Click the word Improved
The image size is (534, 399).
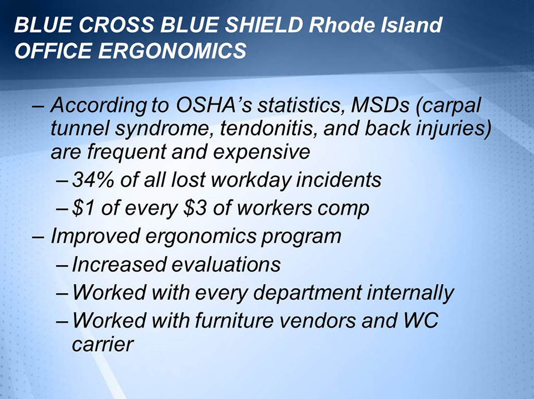89,236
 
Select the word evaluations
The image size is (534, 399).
225,264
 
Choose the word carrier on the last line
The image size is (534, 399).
103,345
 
